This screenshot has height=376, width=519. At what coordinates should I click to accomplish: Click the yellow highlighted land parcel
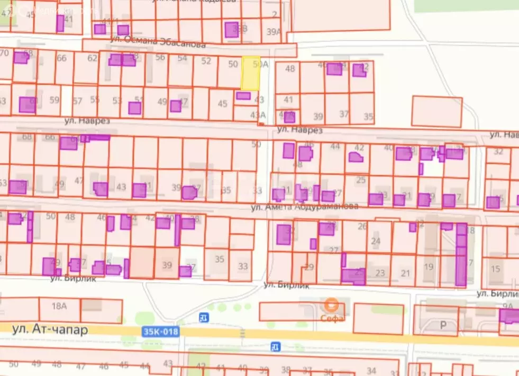pyautogui.click(x=251, y=74)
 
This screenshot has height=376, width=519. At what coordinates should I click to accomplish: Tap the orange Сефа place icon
pyautogui.click(x=332, y=305)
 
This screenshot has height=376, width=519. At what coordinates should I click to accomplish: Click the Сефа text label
pyautogui.click(x=332, y=318)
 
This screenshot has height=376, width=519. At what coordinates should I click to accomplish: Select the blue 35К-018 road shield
pyautogui.click(x=160, y=332)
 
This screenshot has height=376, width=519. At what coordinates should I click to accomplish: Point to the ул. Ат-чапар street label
pyautogui.click(x=50, y=329)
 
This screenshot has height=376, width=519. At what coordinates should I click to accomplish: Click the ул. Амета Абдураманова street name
pyautogui.click(x=304, y=207)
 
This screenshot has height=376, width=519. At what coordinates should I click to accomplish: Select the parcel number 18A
pyautogui.click(x=59, y=306)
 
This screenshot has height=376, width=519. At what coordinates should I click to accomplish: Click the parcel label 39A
pyautogui.click(x=274, y=32)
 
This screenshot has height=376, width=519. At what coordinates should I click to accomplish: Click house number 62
pyautogui.click(x=93, y=58)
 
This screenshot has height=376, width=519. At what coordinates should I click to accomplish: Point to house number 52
pyautogui.click(x=206, y=61)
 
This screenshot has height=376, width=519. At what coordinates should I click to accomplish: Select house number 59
pyautogui.click(x=54, y=99)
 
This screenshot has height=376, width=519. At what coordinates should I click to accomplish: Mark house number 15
pyautogui.click(x=495, y=269)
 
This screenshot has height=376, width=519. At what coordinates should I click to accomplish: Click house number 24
pyautogui.click(x=376, y=241)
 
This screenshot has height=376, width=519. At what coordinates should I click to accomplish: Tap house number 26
pyautogui.click(x=362, y=226)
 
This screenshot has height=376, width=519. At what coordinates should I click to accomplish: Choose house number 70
pyautogui.click(x=4, y=53)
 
